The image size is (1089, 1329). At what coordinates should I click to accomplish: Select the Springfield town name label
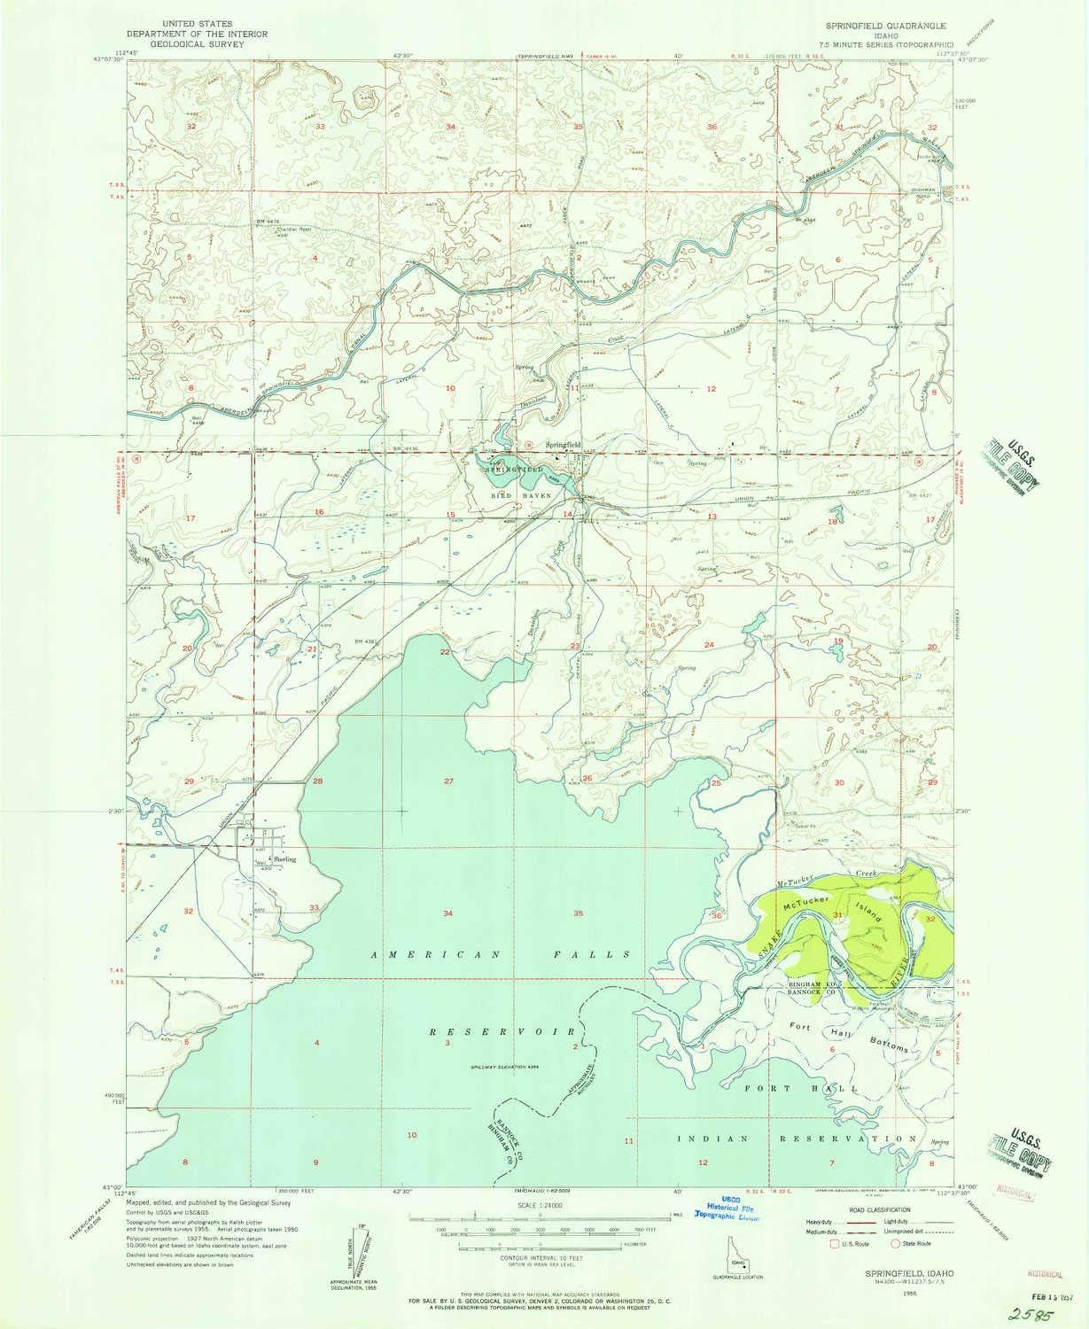(x=564, y=445)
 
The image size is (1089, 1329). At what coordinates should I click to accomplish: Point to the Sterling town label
(x=284, y=859)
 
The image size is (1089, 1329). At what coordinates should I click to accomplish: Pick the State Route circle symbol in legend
(x=897, y=1243)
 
